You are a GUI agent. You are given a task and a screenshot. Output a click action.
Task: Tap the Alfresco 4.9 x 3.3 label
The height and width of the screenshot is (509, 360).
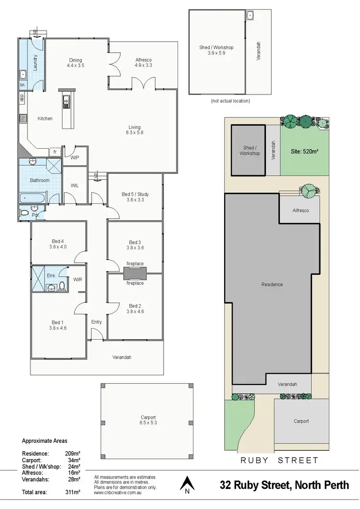[x=143, y=62]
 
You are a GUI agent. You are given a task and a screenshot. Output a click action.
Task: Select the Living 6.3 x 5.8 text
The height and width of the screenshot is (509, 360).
[x=134, y=130]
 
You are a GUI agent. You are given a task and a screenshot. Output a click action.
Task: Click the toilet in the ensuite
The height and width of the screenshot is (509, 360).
[x=62, y=286]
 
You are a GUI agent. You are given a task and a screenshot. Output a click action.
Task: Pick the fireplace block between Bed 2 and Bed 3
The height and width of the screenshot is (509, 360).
[x=135, y=273]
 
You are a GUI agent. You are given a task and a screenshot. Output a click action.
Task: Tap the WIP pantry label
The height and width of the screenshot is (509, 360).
[x=74, y=157]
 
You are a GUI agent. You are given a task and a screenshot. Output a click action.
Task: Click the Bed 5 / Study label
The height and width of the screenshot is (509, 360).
[x=135, y=197]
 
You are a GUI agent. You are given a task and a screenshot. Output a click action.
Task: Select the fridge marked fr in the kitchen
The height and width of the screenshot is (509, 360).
[x=55, y=152]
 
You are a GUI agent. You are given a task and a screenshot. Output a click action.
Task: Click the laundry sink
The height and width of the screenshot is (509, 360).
[x=23, y=75]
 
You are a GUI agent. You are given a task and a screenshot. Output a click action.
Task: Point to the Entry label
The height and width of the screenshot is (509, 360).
[x=96, y=322]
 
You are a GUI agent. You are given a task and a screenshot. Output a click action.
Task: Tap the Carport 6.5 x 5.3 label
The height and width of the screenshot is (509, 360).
[x=148, y=420]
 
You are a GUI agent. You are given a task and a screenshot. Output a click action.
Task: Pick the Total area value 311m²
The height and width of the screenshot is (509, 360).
[x=72, y=492]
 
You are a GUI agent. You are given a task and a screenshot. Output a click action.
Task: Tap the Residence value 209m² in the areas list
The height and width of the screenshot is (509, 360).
[x=72, y=453]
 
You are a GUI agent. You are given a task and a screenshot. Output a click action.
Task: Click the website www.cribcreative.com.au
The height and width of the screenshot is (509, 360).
[x=117, y=492]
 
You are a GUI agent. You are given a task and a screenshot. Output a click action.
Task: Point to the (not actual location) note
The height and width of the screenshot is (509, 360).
[x=230, y=101]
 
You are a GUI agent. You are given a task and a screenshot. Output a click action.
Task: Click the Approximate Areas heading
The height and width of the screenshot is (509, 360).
[x=45, y=440]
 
